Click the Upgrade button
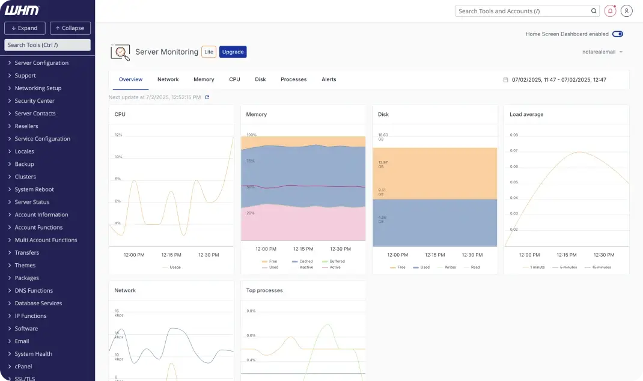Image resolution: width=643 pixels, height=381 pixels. (233, 52)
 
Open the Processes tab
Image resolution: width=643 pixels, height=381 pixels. (293, 79)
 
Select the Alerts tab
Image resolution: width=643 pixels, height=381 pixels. (329, 79)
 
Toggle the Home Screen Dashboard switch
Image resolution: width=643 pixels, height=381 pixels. (617, 34)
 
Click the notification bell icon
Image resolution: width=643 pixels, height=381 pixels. (611, 11)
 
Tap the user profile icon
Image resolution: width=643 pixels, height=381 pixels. (627, 11)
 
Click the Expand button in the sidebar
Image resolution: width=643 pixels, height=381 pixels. (25, 28)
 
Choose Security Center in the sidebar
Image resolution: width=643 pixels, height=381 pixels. (34, 101)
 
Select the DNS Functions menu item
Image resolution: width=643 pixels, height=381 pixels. (34, 291)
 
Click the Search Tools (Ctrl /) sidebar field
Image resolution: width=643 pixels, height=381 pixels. (47, 45)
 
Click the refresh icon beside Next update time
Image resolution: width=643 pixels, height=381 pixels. (207, 97)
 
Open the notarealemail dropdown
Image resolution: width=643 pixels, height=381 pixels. (602, 52)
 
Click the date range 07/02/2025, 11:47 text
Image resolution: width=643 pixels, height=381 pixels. (558, 80)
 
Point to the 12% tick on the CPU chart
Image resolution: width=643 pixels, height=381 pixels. (118, 135)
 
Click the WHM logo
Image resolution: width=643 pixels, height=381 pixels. (22, 10)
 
